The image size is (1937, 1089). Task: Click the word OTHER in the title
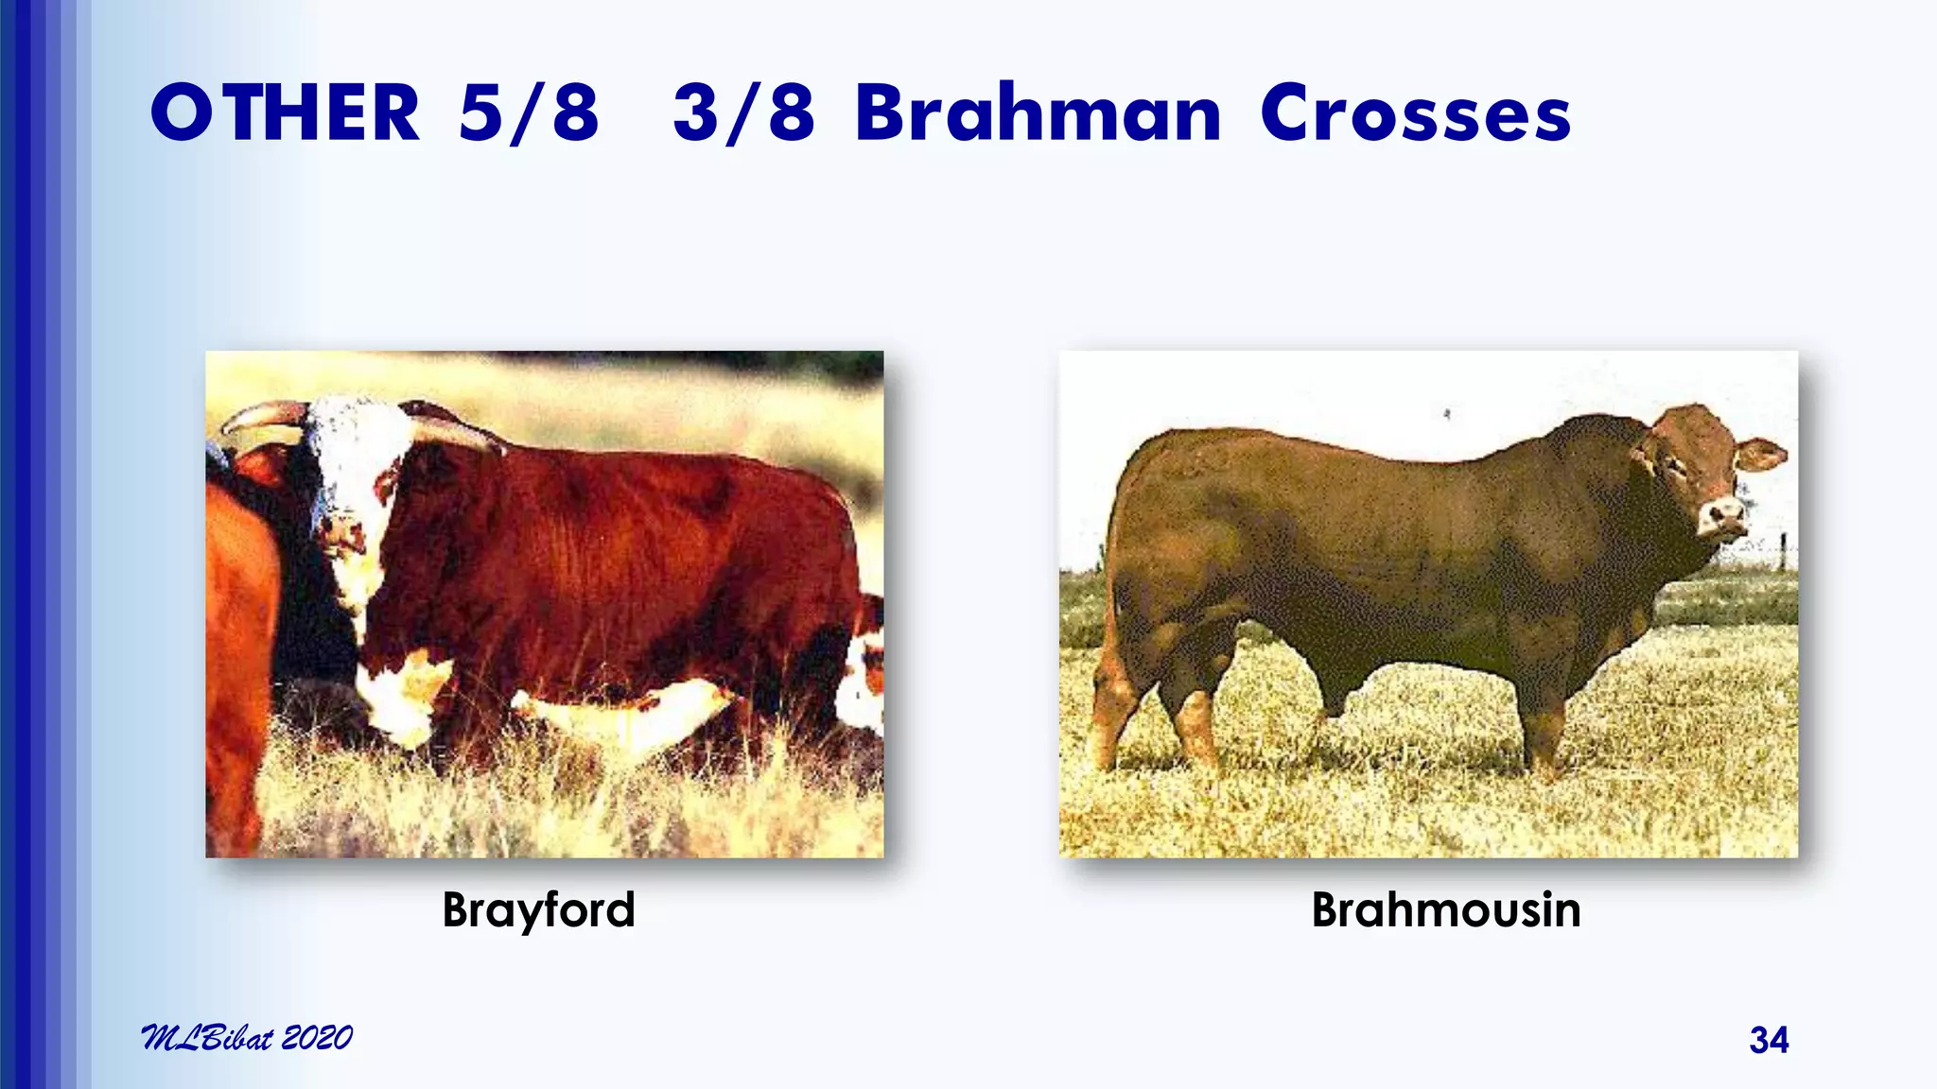point(284,113)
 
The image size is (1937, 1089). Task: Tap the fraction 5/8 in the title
point(529,113)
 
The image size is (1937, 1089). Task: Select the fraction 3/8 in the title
point(743,113)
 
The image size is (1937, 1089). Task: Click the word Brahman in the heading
point(1038,113)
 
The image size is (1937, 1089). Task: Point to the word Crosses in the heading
point(1415,113)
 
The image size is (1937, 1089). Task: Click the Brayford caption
point(538,909)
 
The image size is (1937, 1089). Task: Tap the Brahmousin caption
point(1445,909)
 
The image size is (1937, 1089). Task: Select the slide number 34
point(1769,1040)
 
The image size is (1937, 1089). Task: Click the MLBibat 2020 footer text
point(246,1038)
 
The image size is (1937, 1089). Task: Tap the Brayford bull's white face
point(350,473)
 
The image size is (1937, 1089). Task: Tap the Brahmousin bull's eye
point(1676,463)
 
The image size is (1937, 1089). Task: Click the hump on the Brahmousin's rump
point(1163,454)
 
